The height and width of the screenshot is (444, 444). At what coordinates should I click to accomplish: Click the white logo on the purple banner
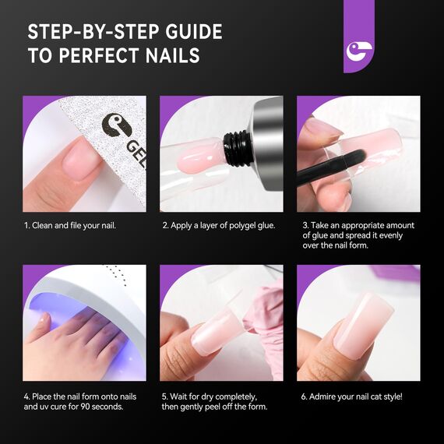click(359, 52)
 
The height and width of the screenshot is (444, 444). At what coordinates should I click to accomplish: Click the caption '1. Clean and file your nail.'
click(70, 225)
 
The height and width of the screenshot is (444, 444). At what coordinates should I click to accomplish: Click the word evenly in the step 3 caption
click(394, 235)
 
